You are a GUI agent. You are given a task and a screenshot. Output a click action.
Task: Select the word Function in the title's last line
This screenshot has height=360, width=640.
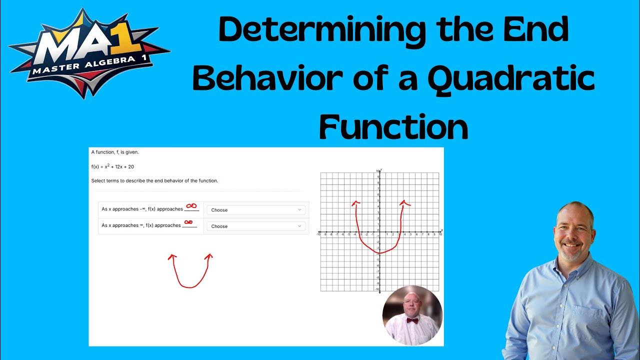click(393, 127)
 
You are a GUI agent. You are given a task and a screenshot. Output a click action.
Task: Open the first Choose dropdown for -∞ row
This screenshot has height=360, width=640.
click(255, 210)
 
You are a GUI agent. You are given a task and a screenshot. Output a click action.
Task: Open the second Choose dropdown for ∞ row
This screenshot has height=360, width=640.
click(255, 226)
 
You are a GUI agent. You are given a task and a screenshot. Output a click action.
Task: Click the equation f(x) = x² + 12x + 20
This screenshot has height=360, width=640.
click(112, 166)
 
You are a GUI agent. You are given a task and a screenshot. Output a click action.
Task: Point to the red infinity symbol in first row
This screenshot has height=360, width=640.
click(191, 205)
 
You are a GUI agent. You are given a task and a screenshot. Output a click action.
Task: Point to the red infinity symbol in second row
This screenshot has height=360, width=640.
click(188, 222)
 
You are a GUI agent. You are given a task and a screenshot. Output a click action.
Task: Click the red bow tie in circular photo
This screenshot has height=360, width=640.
click(412, 320)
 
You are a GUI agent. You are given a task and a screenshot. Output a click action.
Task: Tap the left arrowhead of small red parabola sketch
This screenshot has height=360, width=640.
click(172, 256)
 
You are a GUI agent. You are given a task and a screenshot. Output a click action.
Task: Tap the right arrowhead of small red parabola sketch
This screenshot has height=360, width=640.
click(209, 256)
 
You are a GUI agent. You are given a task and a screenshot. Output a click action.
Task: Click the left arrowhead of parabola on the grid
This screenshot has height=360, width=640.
click(355, 202)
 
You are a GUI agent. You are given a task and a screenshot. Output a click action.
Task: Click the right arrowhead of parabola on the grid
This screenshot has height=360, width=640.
click(403, 202)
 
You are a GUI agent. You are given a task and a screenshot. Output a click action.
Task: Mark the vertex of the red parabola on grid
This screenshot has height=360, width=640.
click(380, 253)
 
